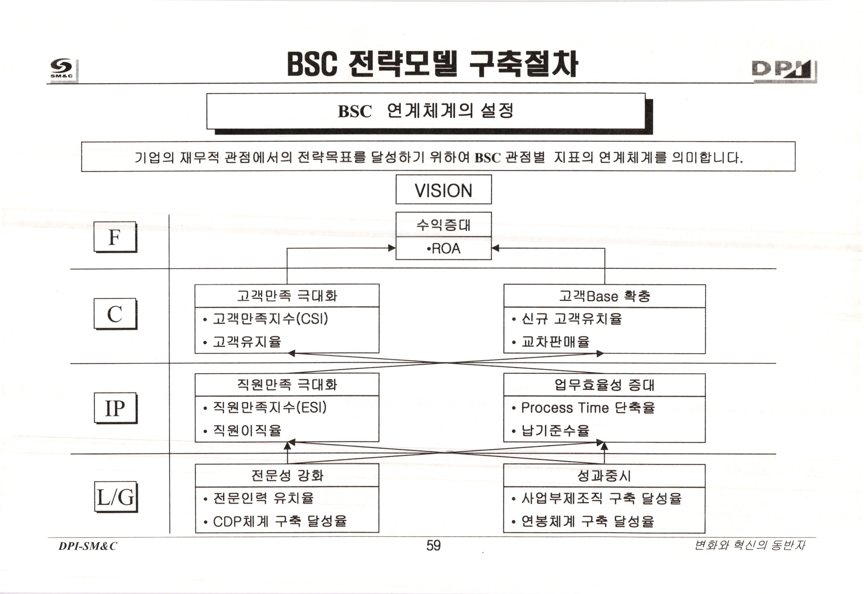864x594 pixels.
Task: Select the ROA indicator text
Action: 444,249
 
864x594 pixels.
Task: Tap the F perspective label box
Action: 115,237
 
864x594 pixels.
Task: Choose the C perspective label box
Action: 115,314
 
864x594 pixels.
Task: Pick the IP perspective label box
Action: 115,408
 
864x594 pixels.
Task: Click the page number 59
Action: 433,546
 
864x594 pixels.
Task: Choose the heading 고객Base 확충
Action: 604,296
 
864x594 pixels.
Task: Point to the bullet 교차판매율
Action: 555,341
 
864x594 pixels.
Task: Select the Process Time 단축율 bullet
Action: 587,408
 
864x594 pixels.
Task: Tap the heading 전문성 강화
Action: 287,475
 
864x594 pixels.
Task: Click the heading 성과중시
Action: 604,476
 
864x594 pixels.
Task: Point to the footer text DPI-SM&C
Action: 88,546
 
